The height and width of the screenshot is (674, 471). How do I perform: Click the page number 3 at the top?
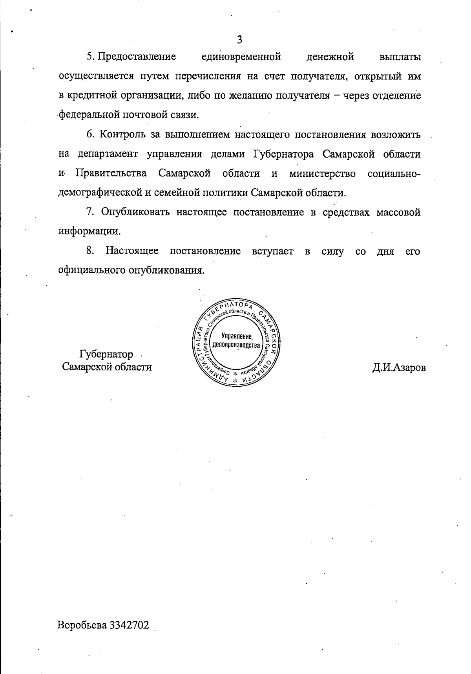pyautogui.click(x=239, y=39)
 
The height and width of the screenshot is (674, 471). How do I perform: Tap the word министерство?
pyautogui.click(x=322, y=173)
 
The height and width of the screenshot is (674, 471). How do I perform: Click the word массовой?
pyautogui.click(x=399, y=212)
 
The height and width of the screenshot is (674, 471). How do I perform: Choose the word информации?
pyautogui.click(x=89, y=231)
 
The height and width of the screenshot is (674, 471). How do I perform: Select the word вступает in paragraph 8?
pyautogui.click(x=273, y=251)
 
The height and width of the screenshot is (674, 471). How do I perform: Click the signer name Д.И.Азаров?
pyautogui.click(x=399, y=368)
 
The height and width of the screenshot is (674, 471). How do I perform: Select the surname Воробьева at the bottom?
pyautogui.click(x=83, y=625)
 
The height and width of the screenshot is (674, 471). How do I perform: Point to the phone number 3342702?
pyautogui.click(x=130, y=625)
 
